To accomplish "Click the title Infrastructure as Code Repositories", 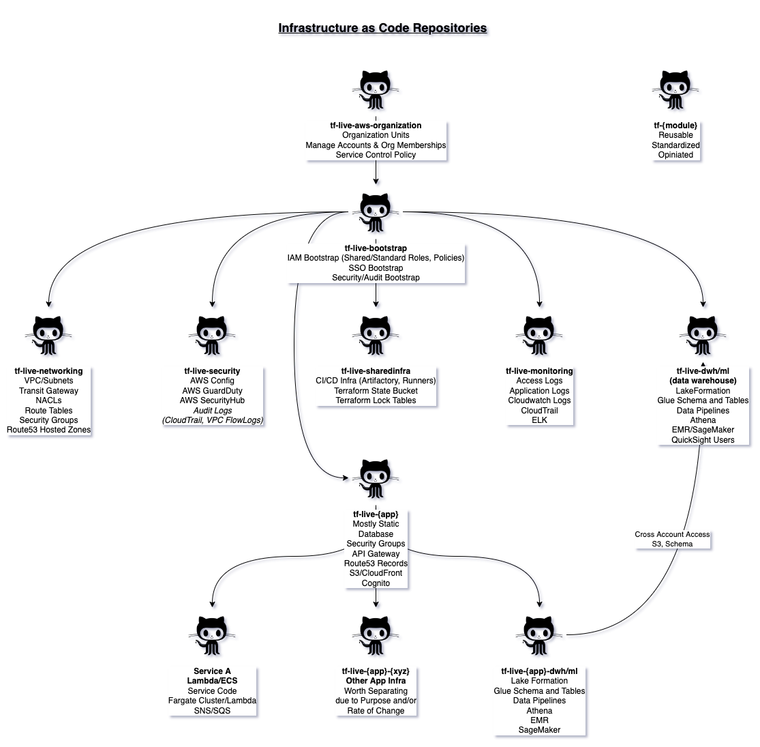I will click(x=382, y=28).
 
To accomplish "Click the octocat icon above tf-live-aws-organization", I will click(x=376, y=89).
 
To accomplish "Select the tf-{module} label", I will click(x=675, y=126).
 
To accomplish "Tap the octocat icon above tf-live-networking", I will click(x=48, y=335).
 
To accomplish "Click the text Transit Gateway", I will click(x=48, y=391).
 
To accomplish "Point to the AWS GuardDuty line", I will click(x=212, y=391).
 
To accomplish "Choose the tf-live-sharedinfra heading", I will click(x=376, y=371).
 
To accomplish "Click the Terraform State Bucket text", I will click(x=376, y=391).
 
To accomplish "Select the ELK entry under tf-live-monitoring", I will click(x=539, y=420).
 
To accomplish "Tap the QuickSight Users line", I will click(x=703, y=440).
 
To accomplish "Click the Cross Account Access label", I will click(x=672, y=534).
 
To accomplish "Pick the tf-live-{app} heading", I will click(x=376, y=514).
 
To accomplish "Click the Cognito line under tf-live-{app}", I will click(x=376, y=583).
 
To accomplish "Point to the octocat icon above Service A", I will click(x=212, y=635).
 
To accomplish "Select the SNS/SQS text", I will click(x=212, y=711).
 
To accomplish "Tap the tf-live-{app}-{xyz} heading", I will click(x=376, y=671).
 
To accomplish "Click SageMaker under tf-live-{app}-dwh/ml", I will click(x=539, y=730).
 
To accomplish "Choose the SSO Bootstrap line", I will click(x=376, y=268).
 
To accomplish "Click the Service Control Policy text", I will click(x=376, y=155).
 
